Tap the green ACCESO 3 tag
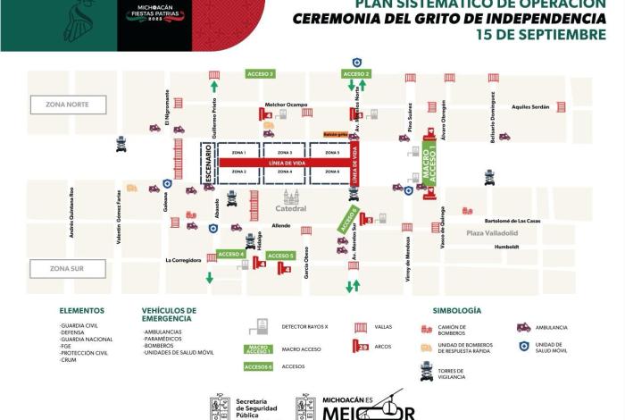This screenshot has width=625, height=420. click(260, 74)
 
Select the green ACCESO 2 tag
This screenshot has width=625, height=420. click(356, 73)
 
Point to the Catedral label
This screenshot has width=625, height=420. click(291, 208)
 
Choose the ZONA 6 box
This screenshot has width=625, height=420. click(332, 172)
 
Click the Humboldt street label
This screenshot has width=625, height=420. click(506, 247)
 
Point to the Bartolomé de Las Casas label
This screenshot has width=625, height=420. click(514, 220)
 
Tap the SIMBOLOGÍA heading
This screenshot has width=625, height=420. click(456, 310)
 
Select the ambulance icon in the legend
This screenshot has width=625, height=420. click(523, 327)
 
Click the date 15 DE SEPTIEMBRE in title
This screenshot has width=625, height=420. click(541, 35)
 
